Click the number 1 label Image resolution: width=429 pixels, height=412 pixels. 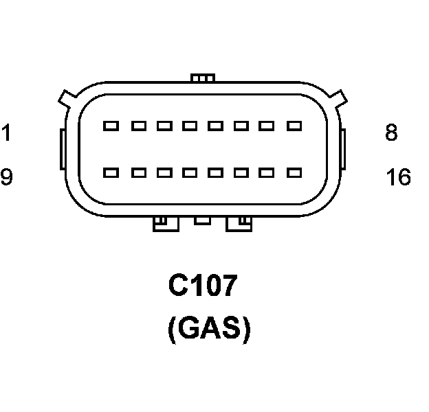click(5, 132)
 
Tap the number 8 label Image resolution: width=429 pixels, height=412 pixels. click(391, 132)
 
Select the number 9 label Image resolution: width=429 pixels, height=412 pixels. click(6, 178)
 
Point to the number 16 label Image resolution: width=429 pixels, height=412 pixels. click(398, 178)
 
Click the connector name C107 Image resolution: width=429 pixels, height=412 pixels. click(203, 286)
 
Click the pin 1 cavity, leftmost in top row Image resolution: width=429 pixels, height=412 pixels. click(111, 126)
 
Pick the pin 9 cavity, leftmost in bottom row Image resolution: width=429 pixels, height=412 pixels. click(111, 172)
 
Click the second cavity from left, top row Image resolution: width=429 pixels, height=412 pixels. click(137, 126)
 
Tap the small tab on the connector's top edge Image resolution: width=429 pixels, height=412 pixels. click(202, 78)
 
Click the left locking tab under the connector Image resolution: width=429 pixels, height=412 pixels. click(165, 224)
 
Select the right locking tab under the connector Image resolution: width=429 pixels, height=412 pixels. click(239, 224)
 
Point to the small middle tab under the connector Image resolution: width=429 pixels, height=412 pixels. click(202, 220)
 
